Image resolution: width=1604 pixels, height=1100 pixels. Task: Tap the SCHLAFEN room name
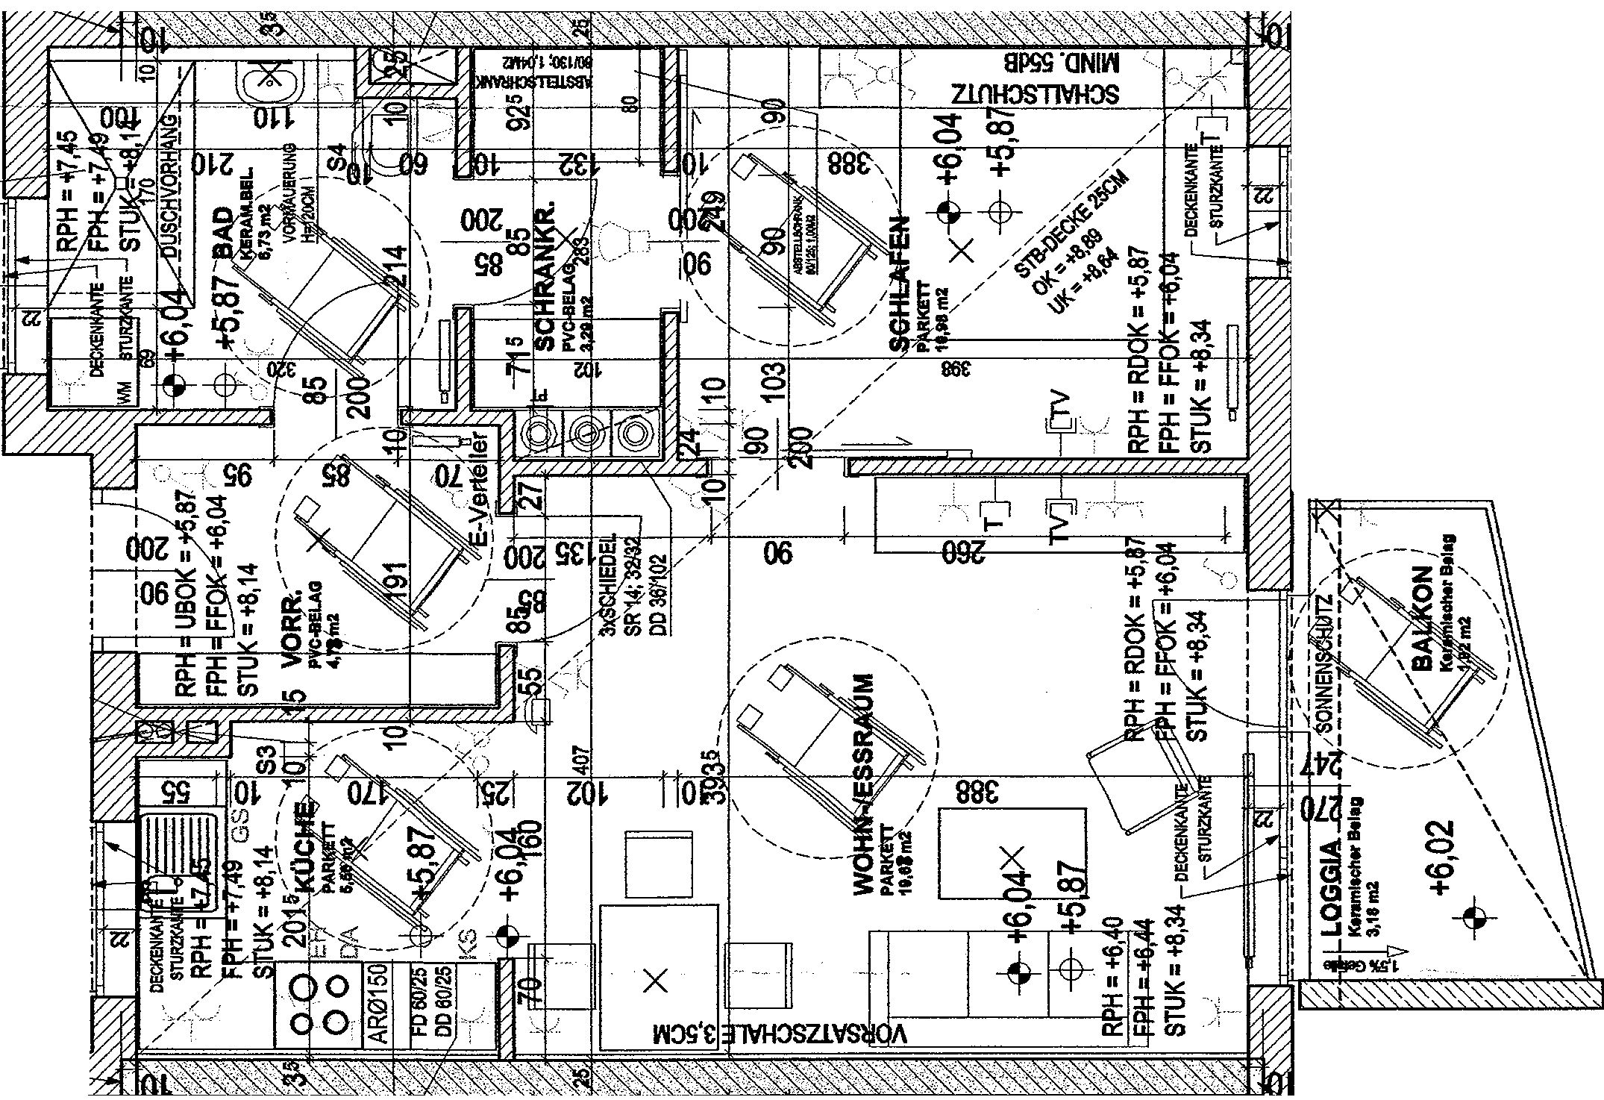click(x=900, y=284)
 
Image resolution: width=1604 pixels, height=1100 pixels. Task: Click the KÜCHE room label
click(x=305, y=847)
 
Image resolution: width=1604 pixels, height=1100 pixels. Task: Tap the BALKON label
click(x=1423, y=629)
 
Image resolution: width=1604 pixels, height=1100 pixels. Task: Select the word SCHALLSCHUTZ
click(x=1035, y=94)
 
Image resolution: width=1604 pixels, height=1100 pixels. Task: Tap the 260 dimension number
click(x=963, y=553)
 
